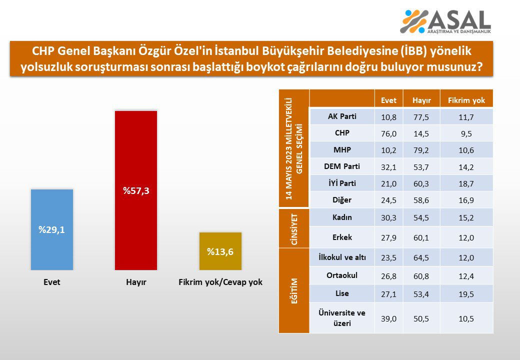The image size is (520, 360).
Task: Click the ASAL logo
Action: [446, 21]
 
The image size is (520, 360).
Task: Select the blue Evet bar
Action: [52, 229]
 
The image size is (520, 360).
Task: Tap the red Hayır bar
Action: [135, 190]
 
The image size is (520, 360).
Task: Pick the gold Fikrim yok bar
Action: [220, 251]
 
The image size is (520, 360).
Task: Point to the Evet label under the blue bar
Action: [51, 282]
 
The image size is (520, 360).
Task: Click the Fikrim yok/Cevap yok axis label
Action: [220, 282]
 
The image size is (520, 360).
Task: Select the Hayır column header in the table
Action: [421, 100]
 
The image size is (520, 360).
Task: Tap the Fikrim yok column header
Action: [466, 100]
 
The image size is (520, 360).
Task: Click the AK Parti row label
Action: [342, 116]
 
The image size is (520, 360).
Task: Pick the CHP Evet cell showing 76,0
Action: [388, 133]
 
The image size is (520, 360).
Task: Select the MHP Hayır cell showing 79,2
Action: [421, 150]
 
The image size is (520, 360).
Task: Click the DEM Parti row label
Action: [342, 166]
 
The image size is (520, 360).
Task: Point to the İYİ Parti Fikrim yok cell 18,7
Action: [466, 183]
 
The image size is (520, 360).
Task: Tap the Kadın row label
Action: [342, 217]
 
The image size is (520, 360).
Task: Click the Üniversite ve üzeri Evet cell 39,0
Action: [388, 318]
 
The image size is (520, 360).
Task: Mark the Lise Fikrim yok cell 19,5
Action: [466, 293]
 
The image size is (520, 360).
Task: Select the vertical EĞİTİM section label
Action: [294, 290]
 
